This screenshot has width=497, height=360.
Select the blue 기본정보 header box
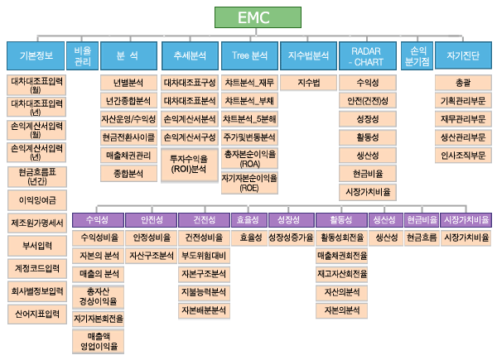[35, 56]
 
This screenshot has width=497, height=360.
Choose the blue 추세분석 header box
[189, 56]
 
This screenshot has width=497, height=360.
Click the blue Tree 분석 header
[248, 56]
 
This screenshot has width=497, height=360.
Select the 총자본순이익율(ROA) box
[248, 158]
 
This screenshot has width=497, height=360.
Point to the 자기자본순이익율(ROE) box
[248, 183]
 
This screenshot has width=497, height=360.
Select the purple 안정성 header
[152, 219]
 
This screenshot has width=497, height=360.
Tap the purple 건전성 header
[204, 219]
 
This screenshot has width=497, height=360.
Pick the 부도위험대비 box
[204, 255]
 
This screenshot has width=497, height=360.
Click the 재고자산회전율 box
[342, 274]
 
